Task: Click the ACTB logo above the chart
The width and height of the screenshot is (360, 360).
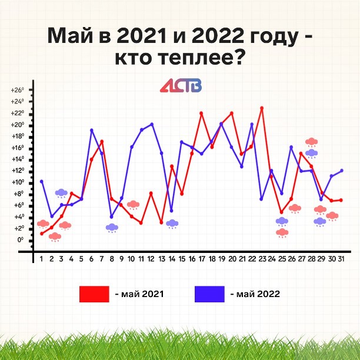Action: (x=181, y=85)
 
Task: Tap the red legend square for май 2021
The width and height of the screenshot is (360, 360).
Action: (x=94, y=294)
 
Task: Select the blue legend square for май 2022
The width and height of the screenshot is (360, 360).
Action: (x=209, y=294)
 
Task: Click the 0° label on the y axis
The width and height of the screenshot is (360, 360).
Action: (x=20, y=240)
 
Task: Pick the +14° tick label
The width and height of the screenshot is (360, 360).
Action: (x=18, y=159)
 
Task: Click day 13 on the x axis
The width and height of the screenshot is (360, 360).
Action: (x=162, y=259)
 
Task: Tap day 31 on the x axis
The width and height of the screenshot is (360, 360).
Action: (x=341, y=259)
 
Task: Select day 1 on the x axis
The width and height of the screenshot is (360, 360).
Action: (x=41, y=259)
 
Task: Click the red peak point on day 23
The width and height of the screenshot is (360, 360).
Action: (x=262, y=108)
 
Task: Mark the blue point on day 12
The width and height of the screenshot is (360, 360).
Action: (x=152, y=125)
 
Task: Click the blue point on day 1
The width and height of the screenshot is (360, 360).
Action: (x=42, y=182)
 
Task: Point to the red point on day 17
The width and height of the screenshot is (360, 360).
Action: (x=201, y=113)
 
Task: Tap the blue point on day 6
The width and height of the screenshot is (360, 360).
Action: (x=92, y=130)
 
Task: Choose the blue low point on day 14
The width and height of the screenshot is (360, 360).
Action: (x=171, y=211)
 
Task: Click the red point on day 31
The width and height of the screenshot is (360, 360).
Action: (x=341, y=200)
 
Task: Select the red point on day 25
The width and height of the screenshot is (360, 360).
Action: (x=282, y=212)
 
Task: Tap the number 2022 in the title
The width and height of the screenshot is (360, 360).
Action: (x=218, y=36)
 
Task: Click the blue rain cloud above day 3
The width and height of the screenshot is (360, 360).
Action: (x=61, y=194)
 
